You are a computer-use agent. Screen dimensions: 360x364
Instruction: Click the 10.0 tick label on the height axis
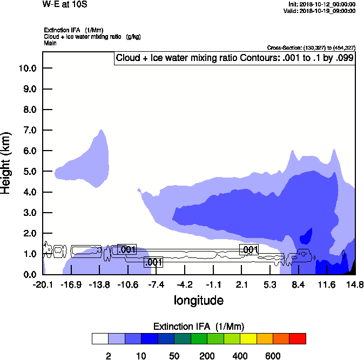[x=26, y=69]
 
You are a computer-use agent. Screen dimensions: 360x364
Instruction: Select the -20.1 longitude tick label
[x=43, y=284]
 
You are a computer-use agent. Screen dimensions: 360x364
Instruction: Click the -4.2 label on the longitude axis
[x=185, y=284]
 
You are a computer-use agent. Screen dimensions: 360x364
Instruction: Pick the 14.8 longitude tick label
[x=355, y=284]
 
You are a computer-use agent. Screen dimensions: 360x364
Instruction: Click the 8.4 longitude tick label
[x=298, y=284]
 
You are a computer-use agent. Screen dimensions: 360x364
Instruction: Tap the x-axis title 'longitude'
[x=198, y=300]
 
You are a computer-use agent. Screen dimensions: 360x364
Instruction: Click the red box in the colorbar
[x=298, y=339]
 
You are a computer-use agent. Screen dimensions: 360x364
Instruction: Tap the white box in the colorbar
[x=100, y=339]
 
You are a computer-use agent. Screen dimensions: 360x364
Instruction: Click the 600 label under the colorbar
[x=273, y=356]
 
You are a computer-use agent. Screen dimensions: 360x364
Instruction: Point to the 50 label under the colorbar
[x=174, y=356]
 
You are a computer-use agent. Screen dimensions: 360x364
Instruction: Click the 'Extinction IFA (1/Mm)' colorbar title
[x=199, y=327]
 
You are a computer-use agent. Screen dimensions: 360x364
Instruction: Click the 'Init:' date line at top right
[x=322, y=4]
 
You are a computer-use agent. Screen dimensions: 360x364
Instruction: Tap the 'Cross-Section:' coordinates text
[x=311, y=48]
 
